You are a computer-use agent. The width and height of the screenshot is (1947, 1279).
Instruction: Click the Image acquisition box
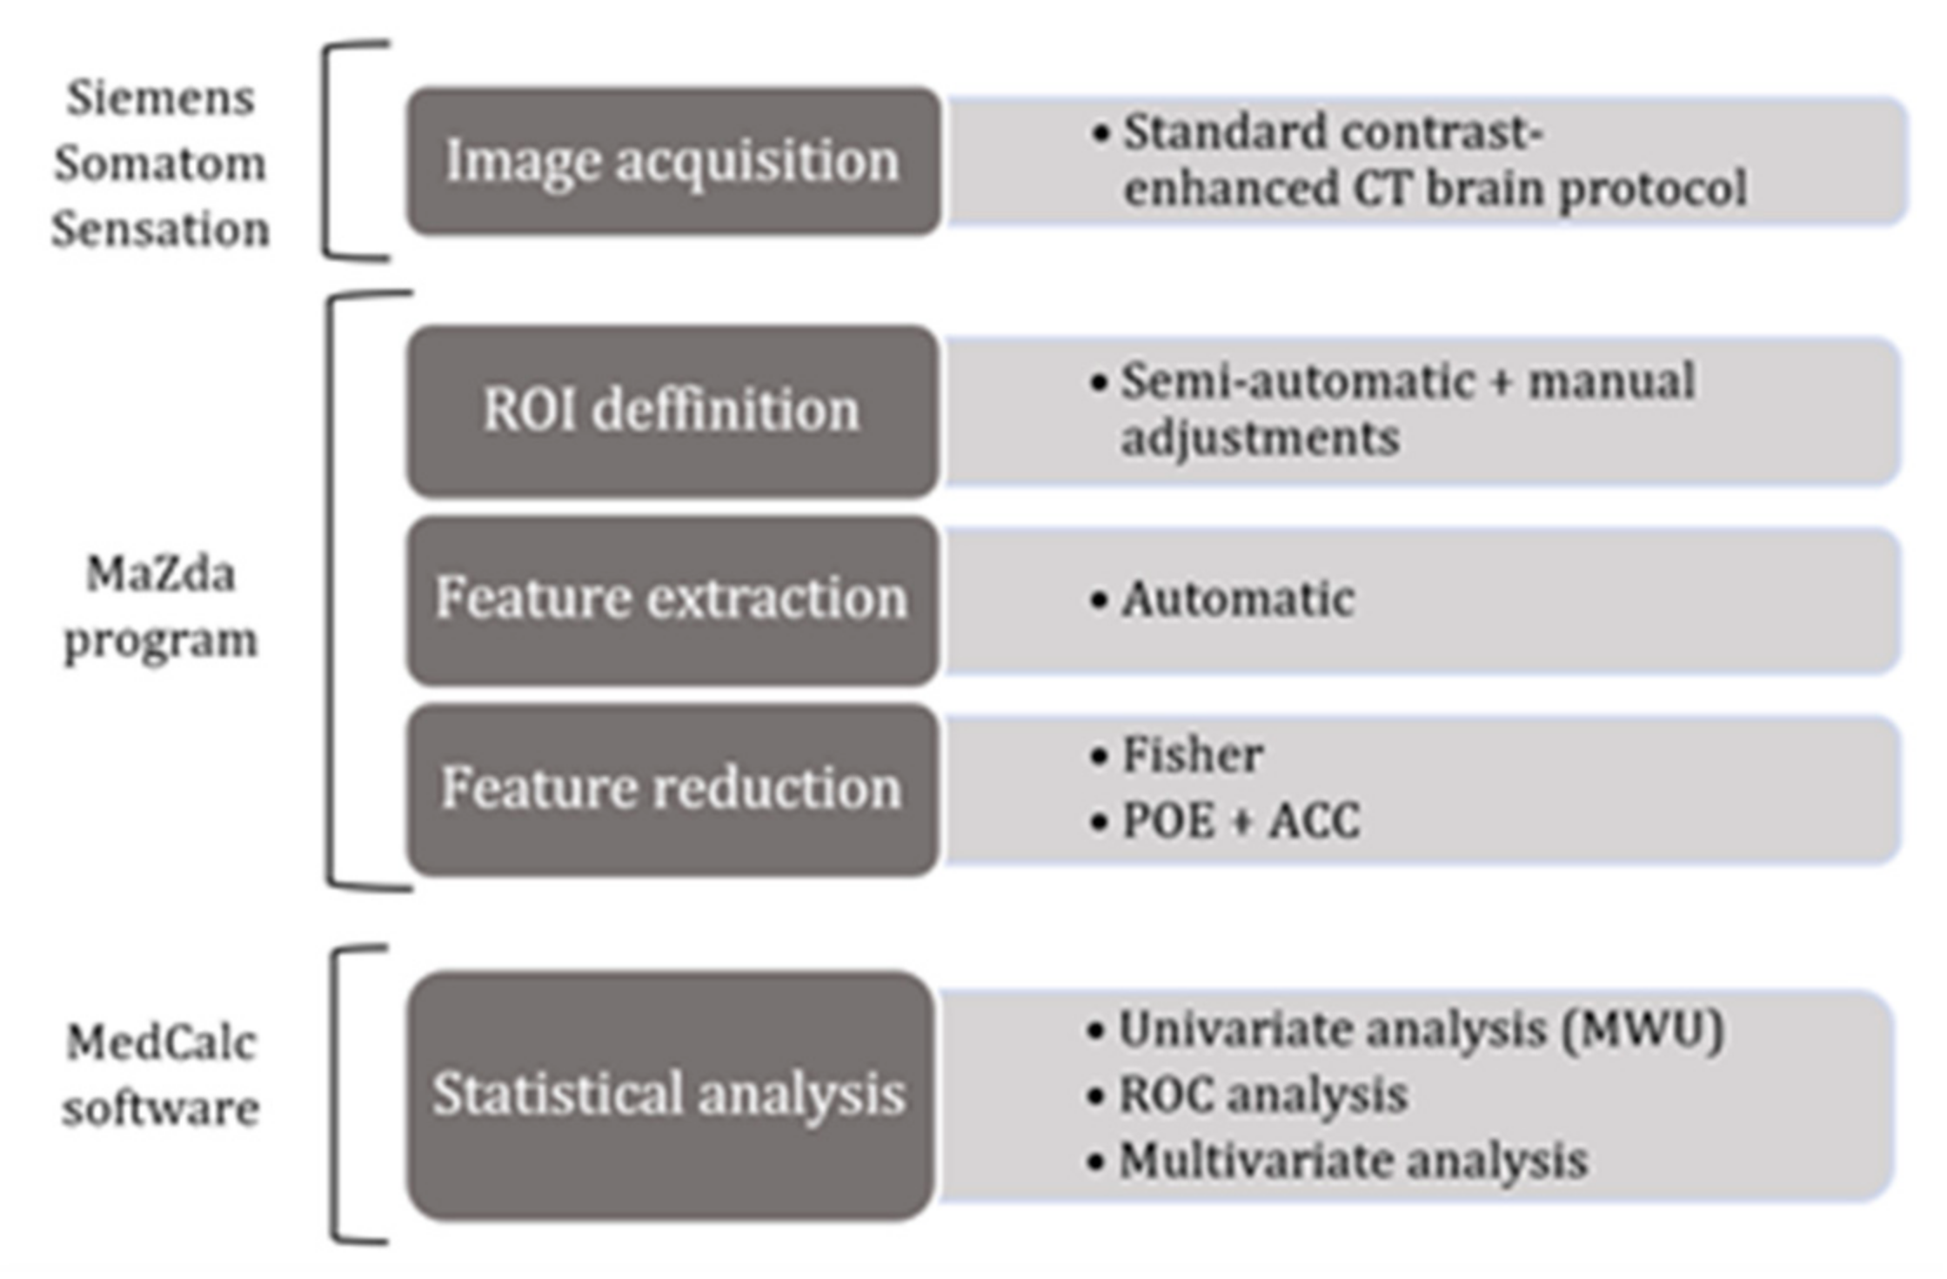(x=672, y=161)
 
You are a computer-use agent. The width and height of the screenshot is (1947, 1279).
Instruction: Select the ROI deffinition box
(x=672, y=410)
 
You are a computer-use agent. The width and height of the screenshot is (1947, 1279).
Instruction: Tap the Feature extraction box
(x=672, y=599)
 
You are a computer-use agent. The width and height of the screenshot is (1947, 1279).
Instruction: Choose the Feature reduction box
(x=672, y=788)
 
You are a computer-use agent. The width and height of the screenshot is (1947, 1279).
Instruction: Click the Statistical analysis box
(x=671, y=1095)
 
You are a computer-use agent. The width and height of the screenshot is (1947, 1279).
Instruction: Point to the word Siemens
(x=161, y=97)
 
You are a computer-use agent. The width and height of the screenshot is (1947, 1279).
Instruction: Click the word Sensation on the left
(x=161, y=230)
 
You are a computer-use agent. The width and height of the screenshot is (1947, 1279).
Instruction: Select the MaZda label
(x=161, y=574)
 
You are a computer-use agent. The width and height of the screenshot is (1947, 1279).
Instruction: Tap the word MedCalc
(x=161, y=1042)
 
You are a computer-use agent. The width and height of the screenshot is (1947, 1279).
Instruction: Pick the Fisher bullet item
(x=1192, y=754)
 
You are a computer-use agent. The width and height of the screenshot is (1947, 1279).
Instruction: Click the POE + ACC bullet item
(x=1241, y=820)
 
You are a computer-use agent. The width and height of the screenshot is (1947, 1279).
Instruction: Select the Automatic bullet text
(x=1238, y=599)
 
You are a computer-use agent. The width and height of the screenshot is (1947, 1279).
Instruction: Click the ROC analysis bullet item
(x=1262, y=1095)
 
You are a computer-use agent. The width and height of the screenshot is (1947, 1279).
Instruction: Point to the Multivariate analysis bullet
(x=1353, y=1161)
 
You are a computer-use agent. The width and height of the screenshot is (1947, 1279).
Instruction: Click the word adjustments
(x=1260, y=438)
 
